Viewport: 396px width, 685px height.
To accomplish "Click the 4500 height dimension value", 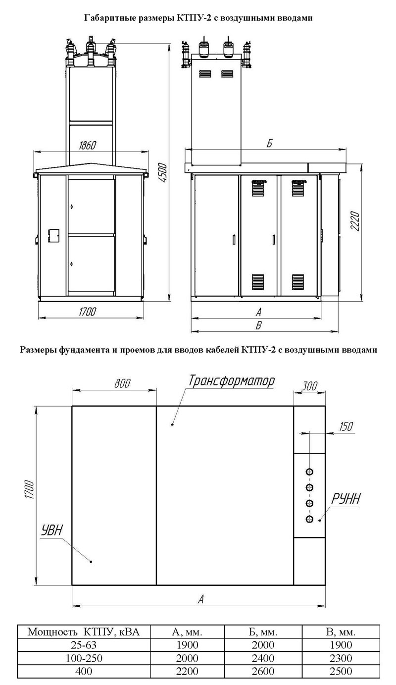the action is [x=163, y=172].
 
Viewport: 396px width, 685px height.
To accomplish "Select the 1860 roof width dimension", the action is [x=88, y=146].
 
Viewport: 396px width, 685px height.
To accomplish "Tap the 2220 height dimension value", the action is [x=355, y=221].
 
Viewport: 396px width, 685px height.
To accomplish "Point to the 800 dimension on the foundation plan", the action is [x=122, y=383].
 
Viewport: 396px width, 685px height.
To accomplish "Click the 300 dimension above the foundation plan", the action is [x=309, y=386].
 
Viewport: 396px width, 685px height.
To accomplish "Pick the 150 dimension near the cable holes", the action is [x=346, y=426].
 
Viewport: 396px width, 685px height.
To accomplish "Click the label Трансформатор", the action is [x=231, y=381].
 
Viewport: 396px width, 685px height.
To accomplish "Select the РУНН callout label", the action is [x=346, y=499].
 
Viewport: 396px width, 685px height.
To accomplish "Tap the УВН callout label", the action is [x=51, y=531].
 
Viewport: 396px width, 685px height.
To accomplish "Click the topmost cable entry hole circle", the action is [x=309, y=472].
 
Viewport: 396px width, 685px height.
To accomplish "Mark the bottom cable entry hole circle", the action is [x=309, y=519].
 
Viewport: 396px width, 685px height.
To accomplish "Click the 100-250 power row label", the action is [x=84, y=658].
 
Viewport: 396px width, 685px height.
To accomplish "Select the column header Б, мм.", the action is [x=263, y=632].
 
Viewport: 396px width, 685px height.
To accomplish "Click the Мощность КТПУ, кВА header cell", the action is [x=84, y=632].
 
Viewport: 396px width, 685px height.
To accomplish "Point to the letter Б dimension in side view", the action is [x=269, y=143].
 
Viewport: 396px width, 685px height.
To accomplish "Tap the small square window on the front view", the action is [x=53, y=236].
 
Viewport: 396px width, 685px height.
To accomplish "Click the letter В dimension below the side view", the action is [x=258, y=325].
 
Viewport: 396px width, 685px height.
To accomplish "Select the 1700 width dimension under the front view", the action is [x=88, y=312].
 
